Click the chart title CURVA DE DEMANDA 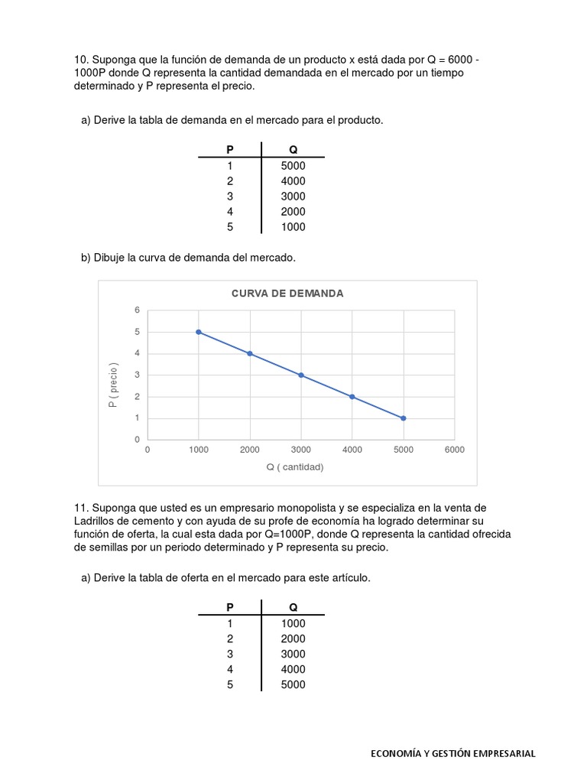point(287,293)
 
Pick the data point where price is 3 point(301,375)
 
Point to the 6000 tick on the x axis point(454,450)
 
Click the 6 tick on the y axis point(138,310)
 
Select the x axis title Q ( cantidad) point(295,467)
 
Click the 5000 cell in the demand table point(293,166)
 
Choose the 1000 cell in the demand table point(293,227)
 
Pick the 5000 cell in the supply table point(293,684)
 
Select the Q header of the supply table point(293,608)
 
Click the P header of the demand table point(230,151)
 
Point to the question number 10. point(81,59)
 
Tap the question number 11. point(81,508)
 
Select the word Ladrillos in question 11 point(96,521)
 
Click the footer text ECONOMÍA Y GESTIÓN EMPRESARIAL point(453,753)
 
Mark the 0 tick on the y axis point(138,440)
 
